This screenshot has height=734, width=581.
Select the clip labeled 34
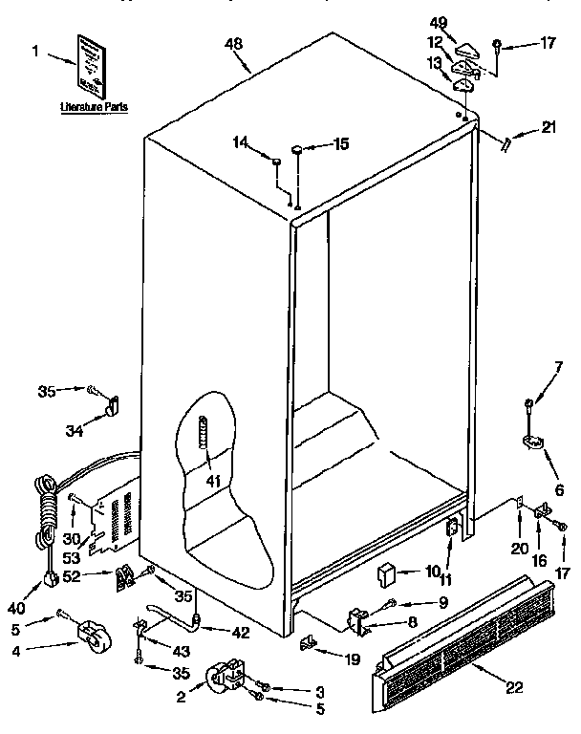click(x=112, y=407)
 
